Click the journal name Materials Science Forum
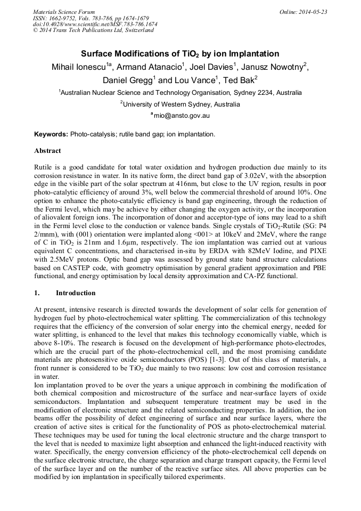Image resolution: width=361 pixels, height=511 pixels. pyautogui.click(x=64, y=12)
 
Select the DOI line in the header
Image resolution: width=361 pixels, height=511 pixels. pyautogui.click(x=95, y=24)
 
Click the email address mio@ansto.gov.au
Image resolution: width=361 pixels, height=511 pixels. pyautogui.click(x=182, y=115)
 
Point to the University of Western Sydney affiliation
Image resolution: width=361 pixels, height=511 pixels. pyautogui.click(x=181, y=104)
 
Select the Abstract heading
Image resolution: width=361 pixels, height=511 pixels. pyautogui.click(x=47, y=151)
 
